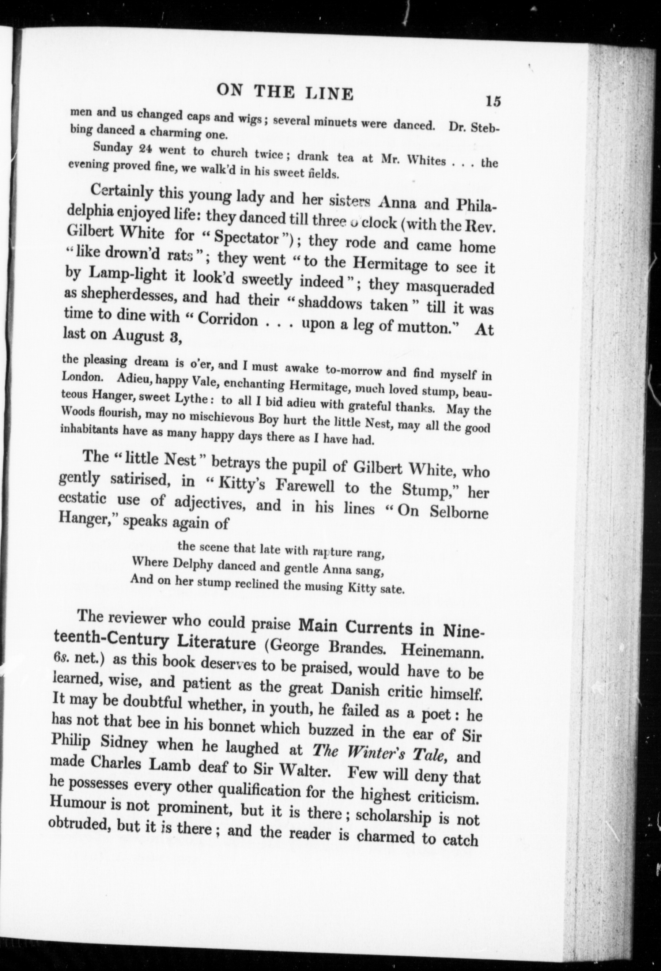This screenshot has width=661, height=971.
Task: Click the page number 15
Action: (x=493, y=101)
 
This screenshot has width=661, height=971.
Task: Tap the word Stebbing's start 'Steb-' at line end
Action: (x=483, y=128)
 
